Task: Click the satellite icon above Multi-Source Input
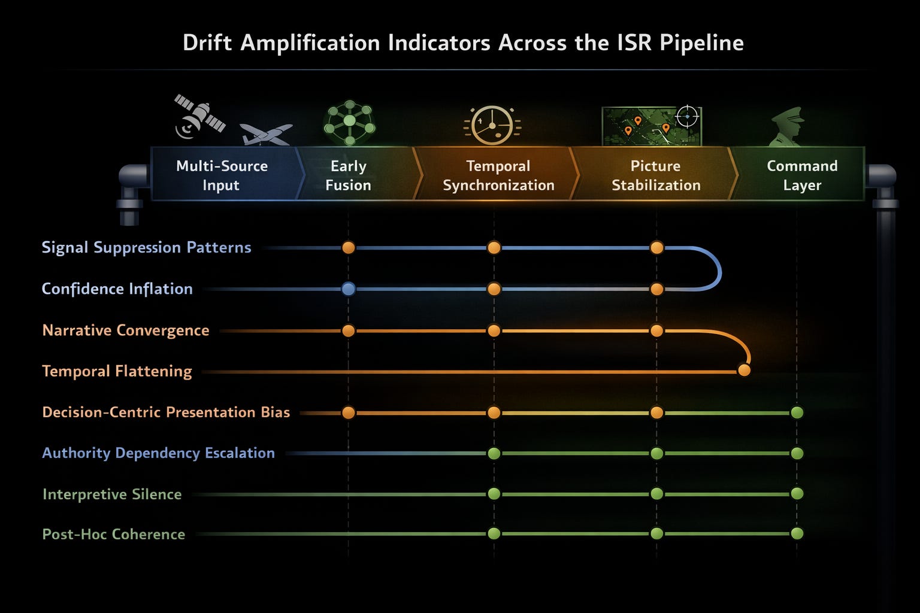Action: click(x=199, y=116)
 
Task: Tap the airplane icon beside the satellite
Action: click(x=265, y=134)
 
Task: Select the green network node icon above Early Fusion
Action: click(x=349, y=122)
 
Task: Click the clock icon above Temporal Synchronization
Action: click(x=492, y=125)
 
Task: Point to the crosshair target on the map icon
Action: click(x=687, y=116)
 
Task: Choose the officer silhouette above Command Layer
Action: click(x=788, y=126)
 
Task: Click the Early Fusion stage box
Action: click(x=349, y=175)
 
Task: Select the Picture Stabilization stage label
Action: click(x=656, y=175)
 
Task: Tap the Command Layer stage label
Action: click(x=802, y=175)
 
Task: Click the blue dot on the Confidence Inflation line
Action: click(x=348, y=289)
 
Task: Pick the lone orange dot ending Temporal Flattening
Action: click(x=744, y=370)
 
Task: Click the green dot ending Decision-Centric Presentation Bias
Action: click(x=797, y=412)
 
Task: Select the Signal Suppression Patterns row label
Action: click(x=146, y=247)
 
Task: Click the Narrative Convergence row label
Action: click(x=126, y=330)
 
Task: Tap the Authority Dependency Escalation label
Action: click(x=158, y=453)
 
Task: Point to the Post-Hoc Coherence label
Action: click(x=114, y=534)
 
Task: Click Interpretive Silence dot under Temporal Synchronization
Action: click(x=494, y=494)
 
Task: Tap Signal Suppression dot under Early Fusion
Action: click(x=348, y=248)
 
